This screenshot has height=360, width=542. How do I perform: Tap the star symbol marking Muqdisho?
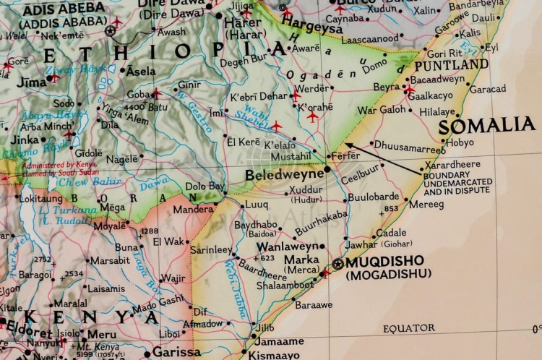(338, 264)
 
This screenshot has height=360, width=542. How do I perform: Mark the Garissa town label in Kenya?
(176, 352)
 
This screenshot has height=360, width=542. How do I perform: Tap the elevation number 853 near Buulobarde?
(391, 208)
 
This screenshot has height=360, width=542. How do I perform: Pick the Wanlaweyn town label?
(287, 246)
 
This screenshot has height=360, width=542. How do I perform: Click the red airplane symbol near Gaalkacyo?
(409, 90)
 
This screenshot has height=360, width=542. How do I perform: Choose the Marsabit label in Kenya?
(110, 260)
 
